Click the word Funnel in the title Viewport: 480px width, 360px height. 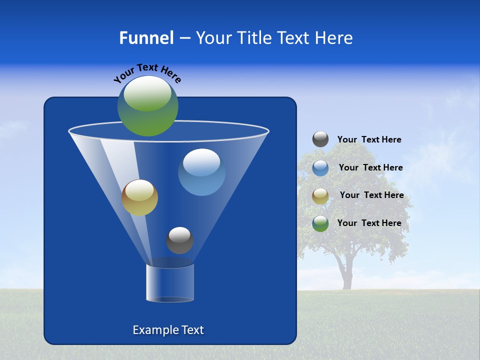pos(146,38)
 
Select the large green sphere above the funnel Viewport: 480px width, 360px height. pos(148,106)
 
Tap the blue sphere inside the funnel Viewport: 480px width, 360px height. pos(201,172)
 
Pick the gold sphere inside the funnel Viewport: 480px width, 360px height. pos(139,197)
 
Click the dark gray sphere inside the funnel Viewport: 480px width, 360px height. pos(179,240)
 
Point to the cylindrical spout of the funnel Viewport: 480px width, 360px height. pos(169,283)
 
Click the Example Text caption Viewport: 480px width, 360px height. pos(168,330)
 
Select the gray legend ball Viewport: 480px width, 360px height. pos(320,139)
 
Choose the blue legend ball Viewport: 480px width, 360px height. pos(320,167)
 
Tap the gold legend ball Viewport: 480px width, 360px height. pos(320,195)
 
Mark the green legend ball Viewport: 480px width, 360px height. pos(320,223)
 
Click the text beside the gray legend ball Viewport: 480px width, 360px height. pos(369,140)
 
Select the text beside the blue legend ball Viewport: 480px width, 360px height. pos(370,168)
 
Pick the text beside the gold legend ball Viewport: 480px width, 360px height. pos(371,195)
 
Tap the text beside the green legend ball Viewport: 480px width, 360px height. pos(369,223)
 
